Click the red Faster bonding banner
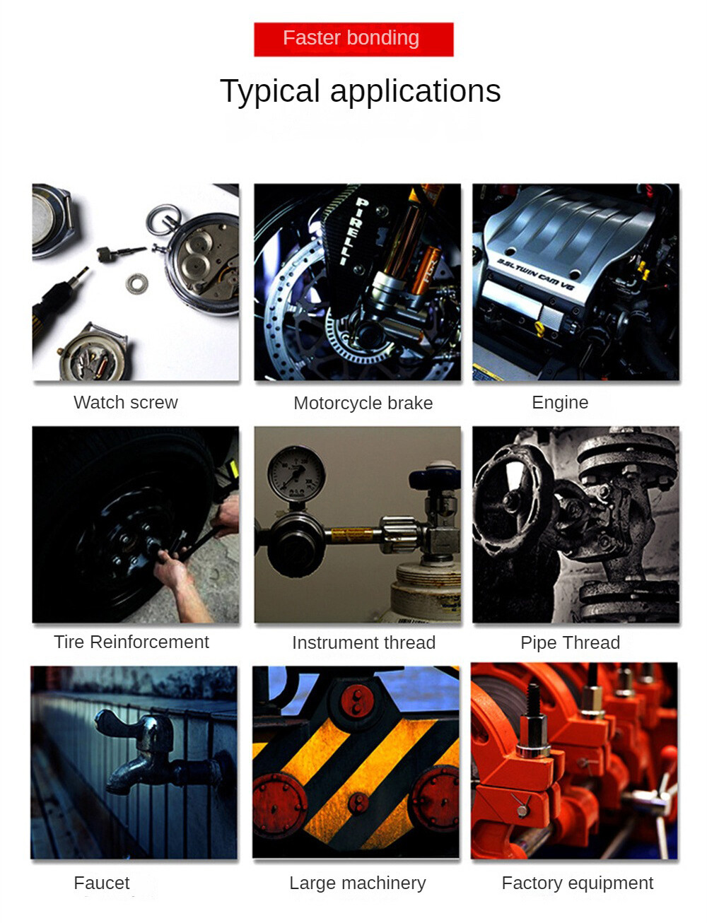click(x=353, y=39)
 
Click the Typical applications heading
click(x=361, y=91)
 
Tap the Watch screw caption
click(x=126, y=402)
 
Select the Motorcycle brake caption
click(x=363, y=404)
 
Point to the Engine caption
click(x=560, y=403)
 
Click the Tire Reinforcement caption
click(x=132, y=642)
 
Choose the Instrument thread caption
click(x=363, y=642)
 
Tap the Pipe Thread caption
click(x=570, y=643)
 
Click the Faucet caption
click(x=102, y=883)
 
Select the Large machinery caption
click(x=357, y=883)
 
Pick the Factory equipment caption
click(x=578, y=883)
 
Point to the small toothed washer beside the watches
click(x=137, y=283)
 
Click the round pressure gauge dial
click(x=296, y=473)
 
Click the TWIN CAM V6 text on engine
click(x=535, y=274)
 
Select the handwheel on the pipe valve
click(x=513, y=501)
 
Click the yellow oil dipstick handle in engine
click(x=539, y=329)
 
